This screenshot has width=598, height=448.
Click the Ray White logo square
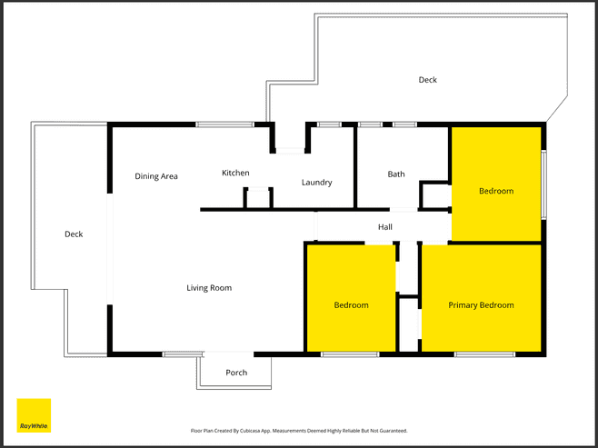[34, 415]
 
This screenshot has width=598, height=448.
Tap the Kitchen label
[235, 173]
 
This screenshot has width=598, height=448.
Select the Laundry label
[316, 183]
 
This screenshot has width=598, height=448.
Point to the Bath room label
[396, 174]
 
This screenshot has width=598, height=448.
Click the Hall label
[384, 227]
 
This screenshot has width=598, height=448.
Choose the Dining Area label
[156, 176]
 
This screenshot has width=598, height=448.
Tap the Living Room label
[209, 287]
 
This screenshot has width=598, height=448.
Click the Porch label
[236, 373]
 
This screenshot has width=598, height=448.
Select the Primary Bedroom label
[481, 305]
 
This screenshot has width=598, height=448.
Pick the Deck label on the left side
[74, 234]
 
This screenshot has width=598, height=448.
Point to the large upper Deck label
[427, 80]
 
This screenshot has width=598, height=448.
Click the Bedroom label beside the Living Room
[351, 305]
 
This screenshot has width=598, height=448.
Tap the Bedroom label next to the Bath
[496, 191]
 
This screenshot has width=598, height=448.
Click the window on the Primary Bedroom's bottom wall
[484, 354]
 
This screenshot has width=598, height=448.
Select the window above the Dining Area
[225, 124]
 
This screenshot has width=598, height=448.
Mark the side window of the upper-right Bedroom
[543, 184]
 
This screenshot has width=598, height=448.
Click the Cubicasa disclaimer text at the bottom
[299, 431]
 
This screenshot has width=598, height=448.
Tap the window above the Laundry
[329, 124]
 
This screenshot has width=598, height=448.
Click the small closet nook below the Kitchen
[258, 198]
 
